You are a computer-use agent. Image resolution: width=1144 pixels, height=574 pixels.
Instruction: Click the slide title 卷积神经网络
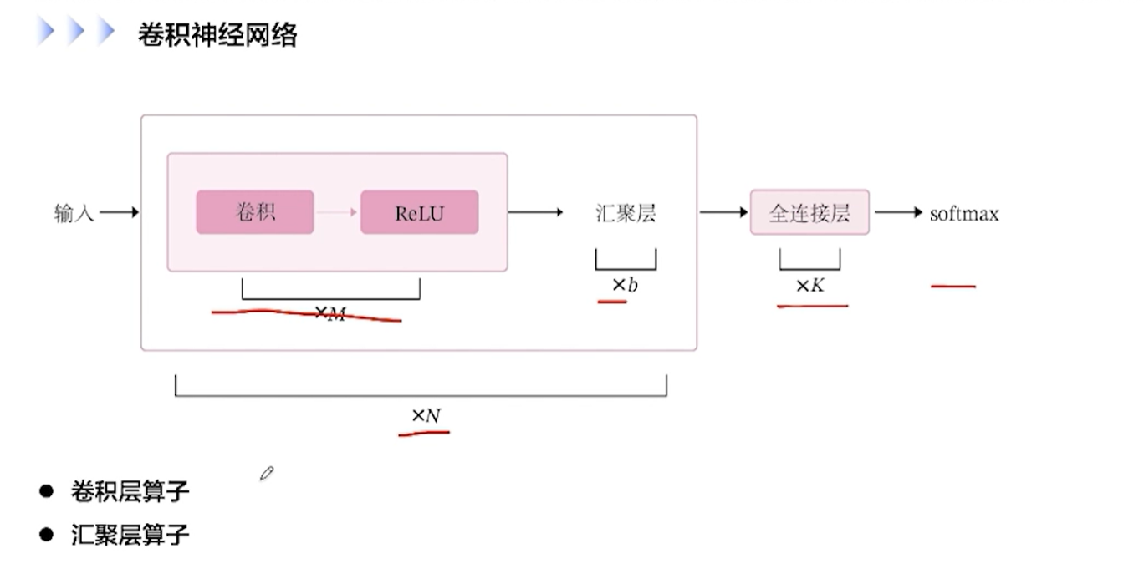(x=217, y=35)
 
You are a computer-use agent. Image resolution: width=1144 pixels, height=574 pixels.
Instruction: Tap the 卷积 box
(x=255, y=212)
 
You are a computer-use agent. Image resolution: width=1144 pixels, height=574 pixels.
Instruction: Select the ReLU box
(x=419, y=212)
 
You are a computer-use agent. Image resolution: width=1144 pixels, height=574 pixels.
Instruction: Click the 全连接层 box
(x=809, y=212)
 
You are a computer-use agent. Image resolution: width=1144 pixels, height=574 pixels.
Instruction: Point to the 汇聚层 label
(x=626, y=213)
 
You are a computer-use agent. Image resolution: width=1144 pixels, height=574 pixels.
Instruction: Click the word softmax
(x=964, y=214)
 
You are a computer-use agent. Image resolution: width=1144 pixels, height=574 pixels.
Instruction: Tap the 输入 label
(x=74, y=214)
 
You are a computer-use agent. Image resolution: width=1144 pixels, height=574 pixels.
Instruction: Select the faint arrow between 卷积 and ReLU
(x=336, y=212)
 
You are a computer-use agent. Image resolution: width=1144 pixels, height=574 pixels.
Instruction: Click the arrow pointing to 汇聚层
(x=536, y=212)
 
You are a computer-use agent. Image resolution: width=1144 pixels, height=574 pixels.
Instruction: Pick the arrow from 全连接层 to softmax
(x=898, y=213)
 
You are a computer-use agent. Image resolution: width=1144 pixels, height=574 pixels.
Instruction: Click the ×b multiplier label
(x=625, y=286)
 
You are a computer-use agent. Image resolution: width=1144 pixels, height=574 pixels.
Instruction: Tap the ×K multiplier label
(x=809, y=286)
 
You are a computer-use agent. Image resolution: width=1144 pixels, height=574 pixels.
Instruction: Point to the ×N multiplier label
(x=426, y=415)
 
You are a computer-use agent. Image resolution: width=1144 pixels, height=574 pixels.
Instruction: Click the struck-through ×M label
(x=329, y=314)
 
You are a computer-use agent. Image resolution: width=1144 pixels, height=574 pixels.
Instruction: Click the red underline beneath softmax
(x=953, y=286)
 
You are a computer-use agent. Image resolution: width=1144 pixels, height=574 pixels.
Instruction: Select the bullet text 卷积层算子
(x=130, y=491)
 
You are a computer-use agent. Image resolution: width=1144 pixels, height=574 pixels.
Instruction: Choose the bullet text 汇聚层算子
(x=130, y=534)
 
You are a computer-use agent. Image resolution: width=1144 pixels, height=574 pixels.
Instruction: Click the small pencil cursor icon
(x=267, y=474)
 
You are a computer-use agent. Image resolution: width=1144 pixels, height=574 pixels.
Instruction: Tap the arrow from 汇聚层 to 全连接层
(x=723, y=212)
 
